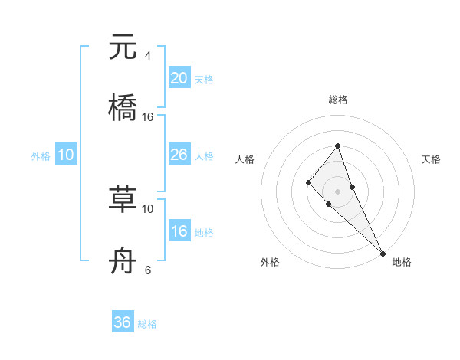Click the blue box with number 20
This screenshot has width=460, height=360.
[x=179, y=78]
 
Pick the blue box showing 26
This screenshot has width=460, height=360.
[x=179, y=155]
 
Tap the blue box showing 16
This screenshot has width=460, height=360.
[x=179, y=231]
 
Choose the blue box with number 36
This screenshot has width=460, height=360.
[x=123, y=322]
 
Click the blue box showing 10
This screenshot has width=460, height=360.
[x=66, y=155]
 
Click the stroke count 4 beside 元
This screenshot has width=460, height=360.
[x=147, y=56]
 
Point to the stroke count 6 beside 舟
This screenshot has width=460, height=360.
[x=147, y=270]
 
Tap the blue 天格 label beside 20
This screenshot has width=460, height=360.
[x=204, y=80]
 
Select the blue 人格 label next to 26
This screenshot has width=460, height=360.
[x=204, y=156]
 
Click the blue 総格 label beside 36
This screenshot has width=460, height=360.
[x=147, y=324]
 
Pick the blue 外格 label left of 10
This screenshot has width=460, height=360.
[x=41, y=156]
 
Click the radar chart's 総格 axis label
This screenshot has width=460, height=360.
[x=337, y=100]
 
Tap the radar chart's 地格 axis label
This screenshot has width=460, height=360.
[x=402, y=262]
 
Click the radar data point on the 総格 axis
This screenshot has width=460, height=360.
[x=337, y=146]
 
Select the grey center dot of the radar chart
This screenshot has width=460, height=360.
[x=337, y=191]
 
